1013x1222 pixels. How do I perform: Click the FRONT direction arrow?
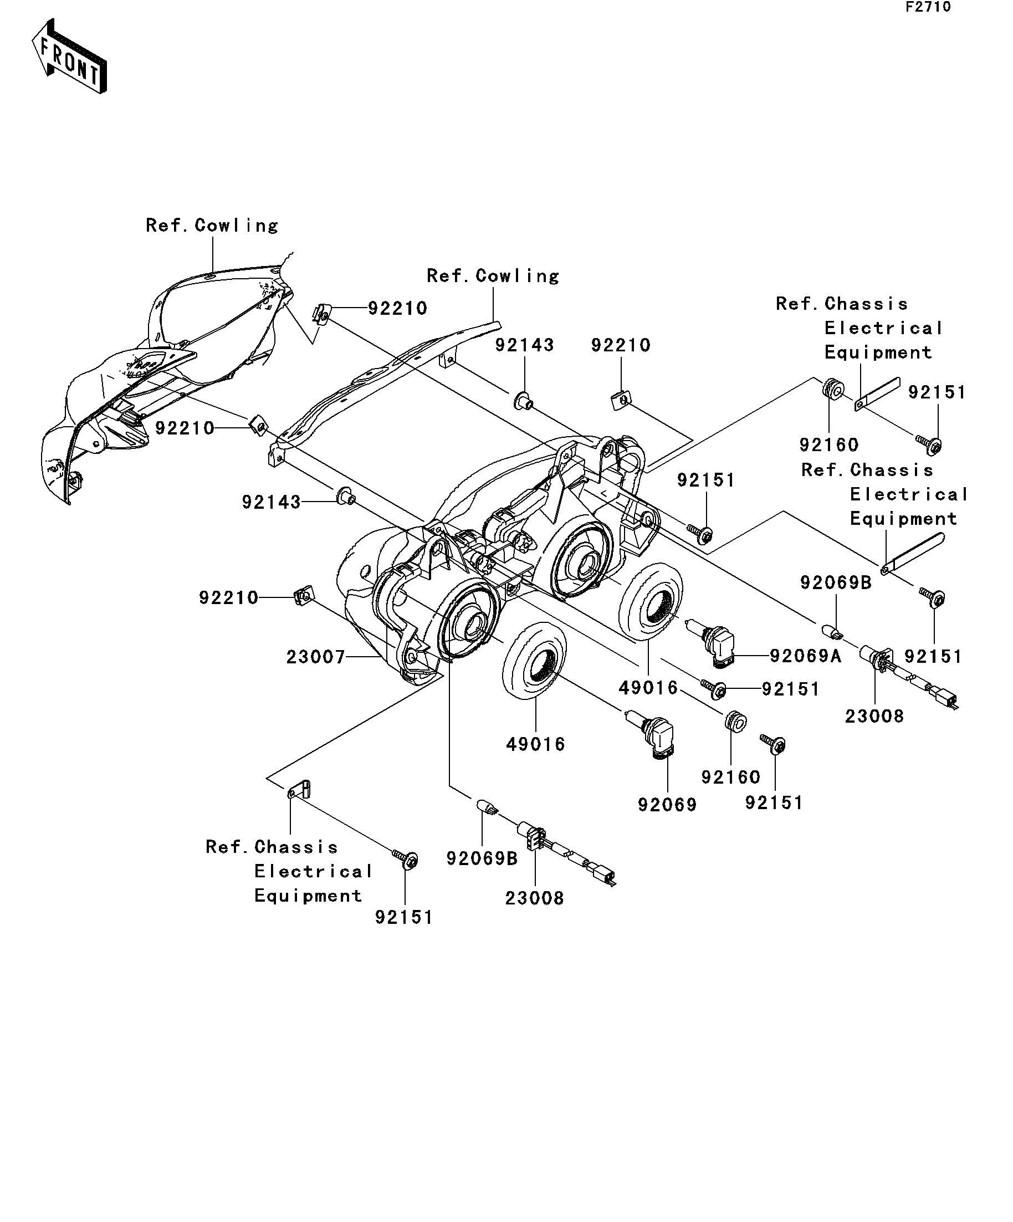tap(69, 57)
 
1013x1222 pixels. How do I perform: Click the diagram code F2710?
tap(928, 8)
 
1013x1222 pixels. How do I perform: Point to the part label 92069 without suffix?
tap(667, 805)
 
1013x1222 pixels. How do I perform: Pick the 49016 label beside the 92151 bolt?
tap(648, 688)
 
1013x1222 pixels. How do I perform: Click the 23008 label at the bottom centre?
tap(534, 898)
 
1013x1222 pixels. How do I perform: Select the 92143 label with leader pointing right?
tap(271, 502)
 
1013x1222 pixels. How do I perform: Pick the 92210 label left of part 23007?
tap(228, 597)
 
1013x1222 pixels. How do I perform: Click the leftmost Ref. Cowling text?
tap(212, 225)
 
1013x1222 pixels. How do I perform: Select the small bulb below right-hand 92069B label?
tap(832, 630)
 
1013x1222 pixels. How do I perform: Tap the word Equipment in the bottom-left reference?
tap(308, 896)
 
